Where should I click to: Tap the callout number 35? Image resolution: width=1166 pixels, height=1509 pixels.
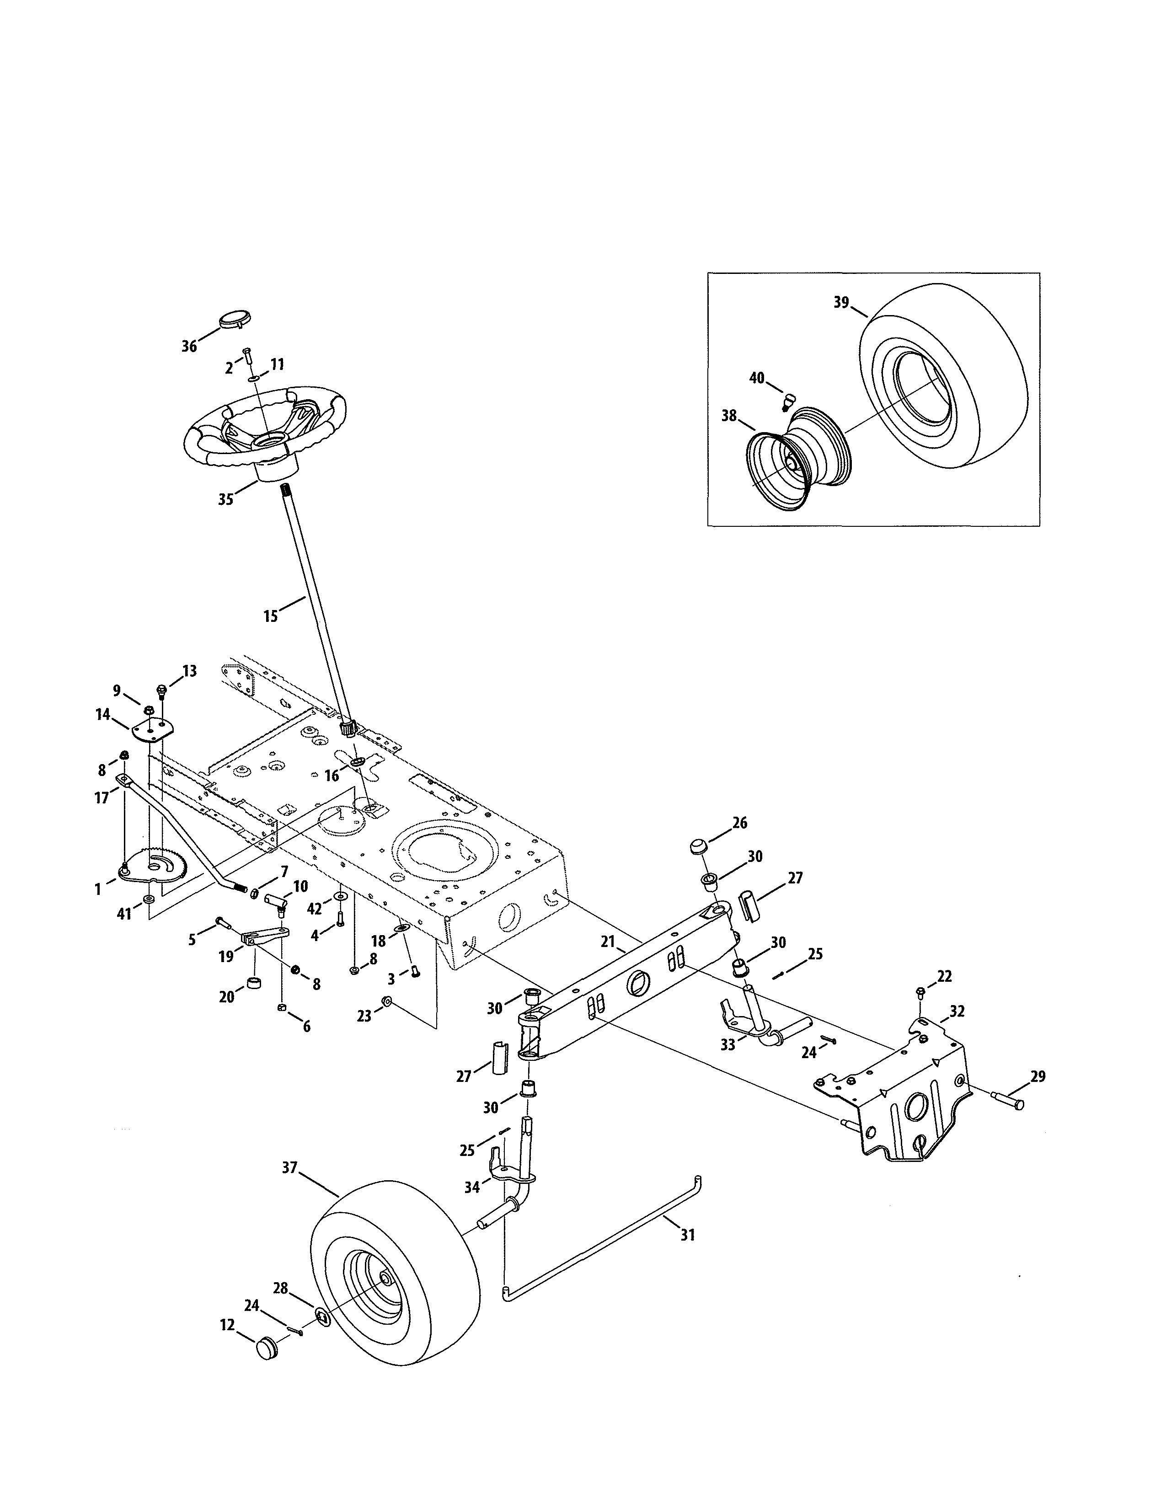click(x=225, y=499)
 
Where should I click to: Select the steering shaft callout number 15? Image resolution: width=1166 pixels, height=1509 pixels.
click(x=270, y=615)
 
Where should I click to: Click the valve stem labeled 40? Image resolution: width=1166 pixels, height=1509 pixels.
click(x=790, y=399)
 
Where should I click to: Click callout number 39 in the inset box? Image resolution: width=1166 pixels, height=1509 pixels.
click(x=840, y=303)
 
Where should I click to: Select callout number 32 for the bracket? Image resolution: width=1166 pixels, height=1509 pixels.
click(x=957, y=1011)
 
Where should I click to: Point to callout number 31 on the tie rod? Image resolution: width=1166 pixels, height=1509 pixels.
click(x=687, y=1234)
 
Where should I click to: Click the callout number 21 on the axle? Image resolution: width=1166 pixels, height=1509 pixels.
click(x=607, y=942)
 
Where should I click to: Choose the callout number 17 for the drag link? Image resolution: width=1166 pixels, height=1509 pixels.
click(x=102, y=798)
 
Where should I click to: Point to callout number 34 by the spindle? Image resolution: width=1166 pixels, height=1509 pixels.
click(x=472, y=1187)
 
